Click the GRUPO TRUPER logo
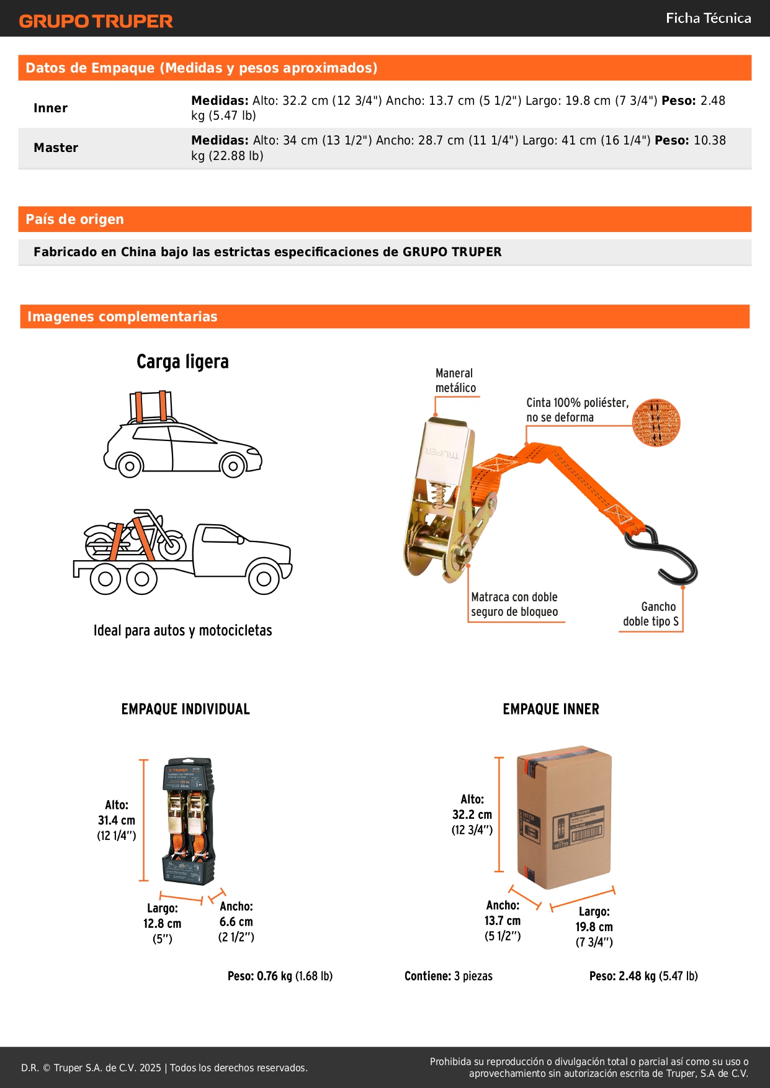click(96, 21)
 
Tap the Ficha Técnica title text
click(708, 19)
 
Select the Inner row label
click(50, 108)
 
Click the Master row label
click(56, 148)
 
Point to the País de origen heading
click(74, 219)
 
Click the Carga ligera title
click(182, 362)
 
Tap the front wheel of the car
click(233, 465)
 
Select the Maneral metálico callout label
click(455, 380)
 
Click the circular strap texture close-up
click(656, 422)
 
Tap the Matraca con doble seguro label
click(514, 604)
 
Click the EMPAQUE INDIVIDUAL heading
click(186, 709)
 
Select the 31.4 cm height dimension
click(117, 820)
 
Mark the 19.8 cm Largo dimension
click(594, 927)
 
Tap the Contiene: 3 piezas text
click(449, 976)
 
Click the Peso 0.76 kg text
click(280, 976)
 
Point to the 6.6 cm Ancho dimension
click(236, 922)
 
